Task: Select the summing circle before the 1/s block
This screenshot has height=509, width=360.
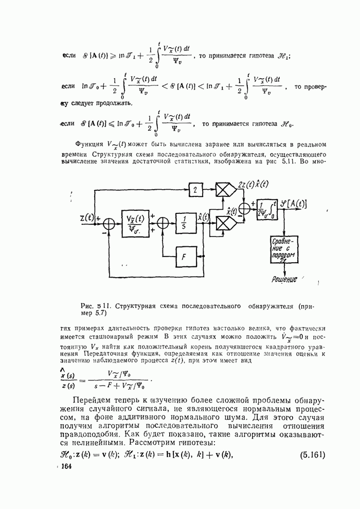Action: [x=163, y=223]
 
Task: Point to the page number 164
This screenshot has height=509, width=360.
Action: [x=67, y=466]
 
